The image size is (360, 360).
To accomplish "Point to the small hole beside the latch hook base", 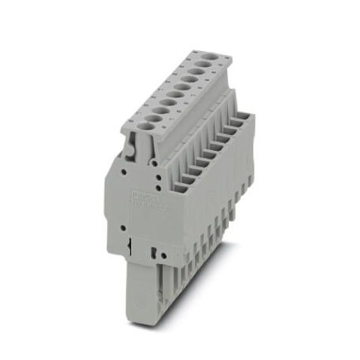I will (x=124, y=167).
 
